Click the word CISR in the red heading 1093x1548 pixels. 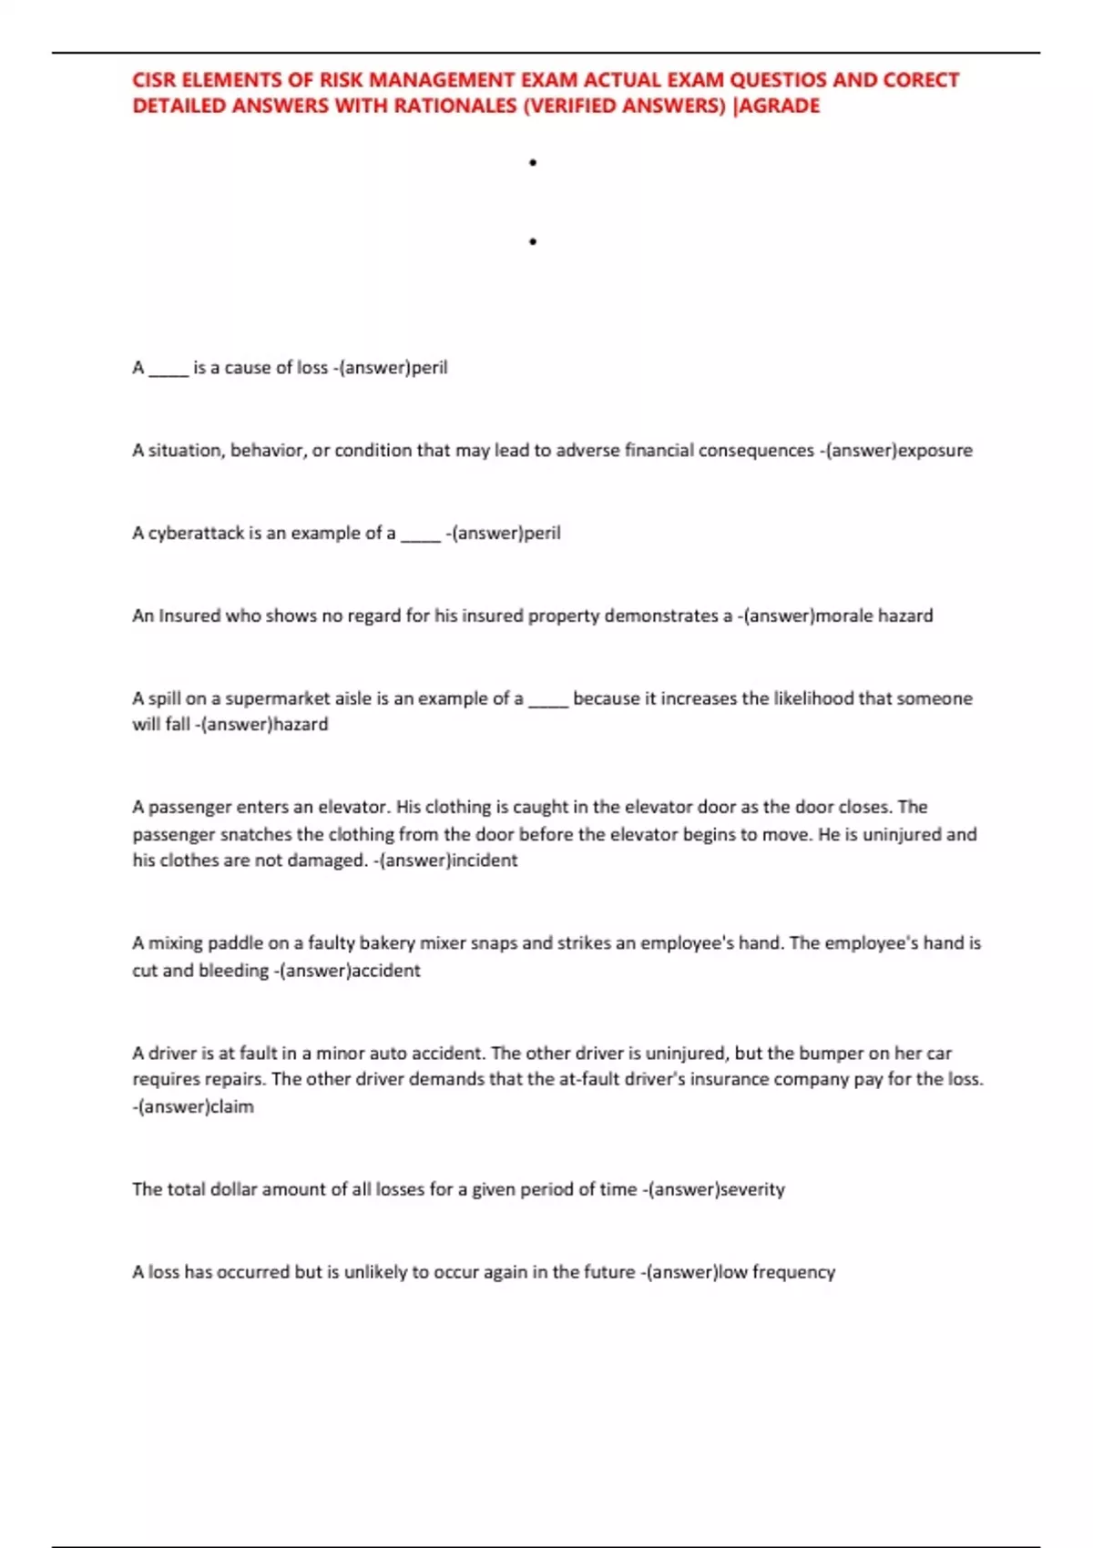[155, 80]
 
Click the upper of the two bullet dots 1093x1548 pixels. [533, 163]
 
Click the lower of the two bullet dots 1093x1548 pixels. [533, 242]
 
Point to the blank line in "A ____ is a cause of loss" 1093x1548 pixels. [169, 372]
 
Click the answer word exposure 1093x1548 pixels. [935, 451]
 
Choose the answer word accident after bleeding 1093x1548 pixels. [385, 971]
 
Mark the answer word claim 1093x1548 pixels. [232, 1107]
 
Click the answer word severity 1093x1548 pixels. [752, 1189]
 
